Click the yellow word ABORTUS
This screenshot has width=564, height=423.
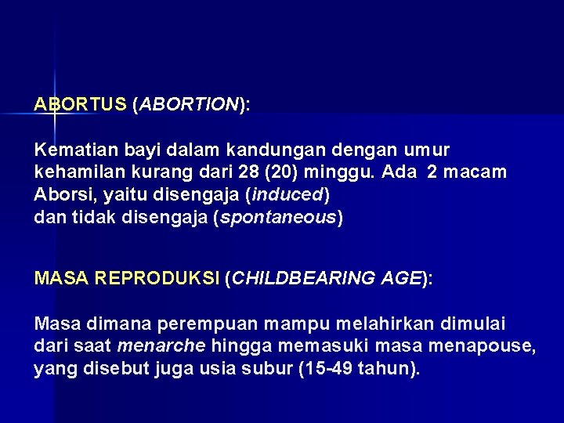point(80,104)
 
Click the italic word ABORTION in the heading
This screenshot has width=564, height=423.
point(189,104)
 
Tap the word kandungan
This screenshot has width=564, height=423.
point(271,149)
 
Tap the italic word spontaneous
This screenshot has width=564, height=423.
point(278,217)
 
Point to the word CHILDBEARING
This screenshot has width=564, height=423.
point(294,278)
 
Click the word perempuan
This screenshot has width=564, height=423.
point(208,323)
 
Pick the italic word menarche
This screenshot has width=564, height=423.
point(161,345)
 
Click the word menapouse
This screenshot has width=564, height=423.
point(482,345)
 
